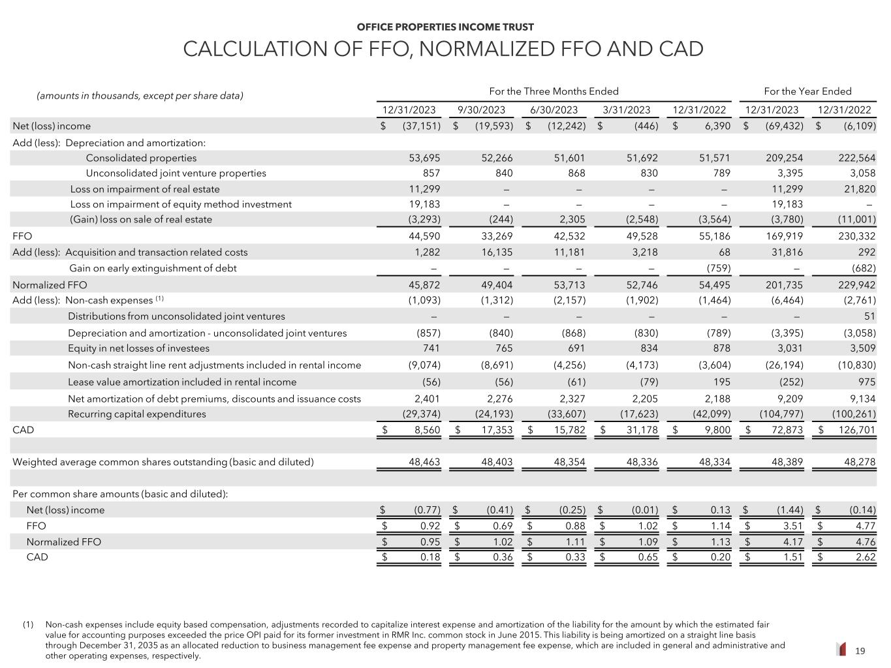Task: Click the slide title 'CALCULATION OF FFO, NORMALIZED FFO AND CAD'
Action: (443, 49)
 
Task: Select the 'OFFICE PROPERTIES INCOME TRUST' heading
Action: (445, 27)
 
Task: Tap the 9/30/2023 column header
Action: (481, 110)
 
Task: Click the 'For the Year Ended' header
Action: (807, 91)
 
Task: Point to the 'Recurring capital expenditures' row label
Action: (137, 414)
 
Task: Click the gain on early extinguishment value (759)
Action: (718, 268)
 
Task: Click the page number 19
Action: (860, 650)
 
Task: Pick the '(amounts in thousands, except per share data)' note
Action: (140, 96)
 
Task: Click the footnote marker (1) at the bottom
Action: (28, 624)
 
